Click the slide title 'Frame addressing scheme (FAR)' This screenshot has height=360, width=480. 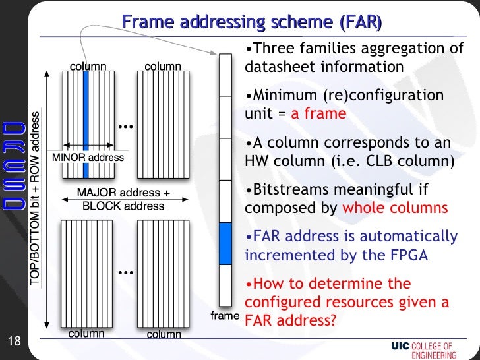point(251,23)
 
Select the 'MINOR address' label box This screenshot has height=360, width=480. point(88,158)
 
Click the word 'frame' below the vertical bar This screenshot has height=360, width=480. point(224,316)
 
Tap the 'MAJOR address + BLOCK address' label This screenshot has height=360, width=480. point(123,199)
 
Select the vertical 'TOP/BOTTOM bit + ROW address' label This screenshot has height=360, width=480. point(34,198)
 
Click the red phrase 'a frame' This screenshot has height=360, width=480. point(318,113)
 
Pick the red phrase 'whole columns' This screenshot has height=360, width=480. point(395,208)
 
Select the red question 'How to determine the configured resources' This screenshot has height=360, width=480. point(347,303)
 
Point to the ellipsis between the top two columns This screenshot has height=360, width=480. point(125,125)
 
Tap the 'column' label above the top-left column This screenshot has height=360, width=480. point(88,66)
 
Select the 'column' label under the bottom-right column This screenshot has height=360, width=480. point(164,334)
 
